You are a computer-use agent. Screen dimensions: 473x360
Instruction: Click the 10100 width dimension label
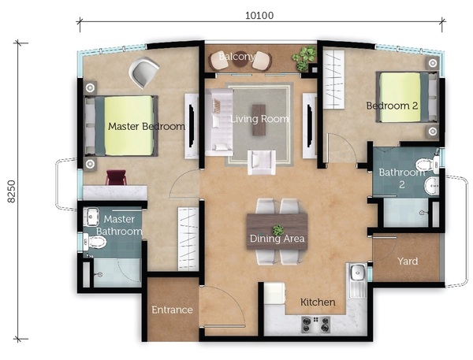click(259, 15)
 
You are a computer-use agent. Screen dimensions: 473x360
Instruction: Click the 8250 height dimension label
click(12, 191)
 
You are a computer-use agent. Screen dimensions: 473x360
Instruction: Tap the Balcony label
click(237, 57)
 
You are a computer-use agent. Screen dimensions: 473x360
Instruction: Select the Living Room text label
click(259, 119)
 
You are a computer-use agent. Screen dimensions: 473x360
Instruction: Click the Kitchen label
click(318, 302)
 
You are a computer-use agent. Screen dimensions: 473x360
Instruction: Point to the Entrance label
click(172, 310)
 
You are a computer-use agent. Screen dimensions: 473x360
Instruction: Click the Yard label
click(408, 261)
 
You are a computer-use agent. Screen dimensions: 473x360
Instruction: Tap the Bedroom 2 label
click(392, 106)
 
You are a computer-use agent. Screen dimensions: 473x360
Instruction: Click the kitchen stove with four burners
click(316, 325)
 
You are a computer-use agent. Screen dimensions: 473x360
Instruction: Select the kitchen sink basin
click(358, 273)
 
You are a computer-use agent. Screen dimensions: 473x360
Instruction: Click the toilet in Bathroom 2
click(426, 165)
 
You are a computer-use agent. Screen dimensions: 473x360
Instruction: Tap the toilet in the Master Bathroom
click(95, 242)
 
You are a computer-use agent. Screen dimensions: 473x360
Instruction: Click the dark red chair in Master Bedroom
click(116, 177)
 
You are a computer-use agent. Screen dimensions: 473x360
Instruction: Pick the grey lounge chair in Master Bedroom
click(144, 73)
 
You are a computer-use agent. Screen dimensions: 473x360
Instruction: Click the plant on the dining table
click(277, 230)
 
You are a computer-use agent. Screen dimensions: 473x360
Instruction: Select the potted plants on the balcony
click(304, 58)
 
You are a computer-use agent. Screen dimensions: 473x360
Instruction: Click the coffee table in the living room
click(259, 120)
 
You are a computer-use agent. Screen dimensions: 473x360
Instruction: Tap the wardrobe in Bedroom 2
click(333, 80)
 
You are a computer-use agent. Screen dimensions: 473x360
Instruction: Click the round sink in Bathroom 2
click(432, 186)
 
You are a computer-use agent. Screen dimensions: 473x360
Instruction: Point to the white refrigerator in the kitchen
click(274, 293)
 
